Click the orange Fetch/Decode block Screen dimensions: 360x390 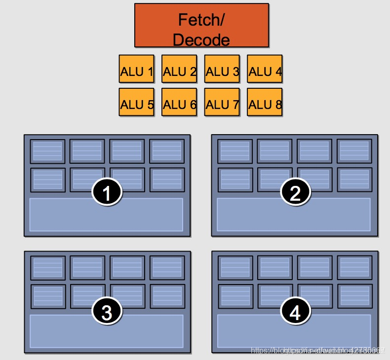pos(201,25)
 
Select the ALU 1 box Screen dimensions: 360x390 pos(136,72)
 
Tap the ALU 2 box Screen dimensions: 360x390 pos(179,72)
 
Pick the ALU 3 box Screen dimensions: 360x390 pos(222,72)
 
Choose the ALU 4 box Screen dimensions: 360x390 pos(265,72)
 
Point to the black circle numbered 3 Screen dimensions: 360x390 pos(107,311)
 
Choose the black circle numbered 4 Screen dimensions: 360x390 pos(295,311)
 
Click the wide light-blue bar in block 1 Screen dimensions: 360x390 pos(106,215)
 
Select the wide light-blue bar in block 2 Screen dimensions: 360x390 pos(294,215)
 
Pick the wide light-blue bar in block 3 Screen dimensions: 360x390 pos(106,331)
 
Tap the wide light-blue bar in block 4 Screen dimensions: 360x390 pos(294,331)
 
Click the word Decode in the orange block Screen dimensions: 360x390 pos(201,39)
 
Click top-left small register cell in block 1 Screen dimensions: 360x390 pos(47,151)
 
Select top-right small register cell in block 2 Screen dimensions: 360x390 pos(354,151)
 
